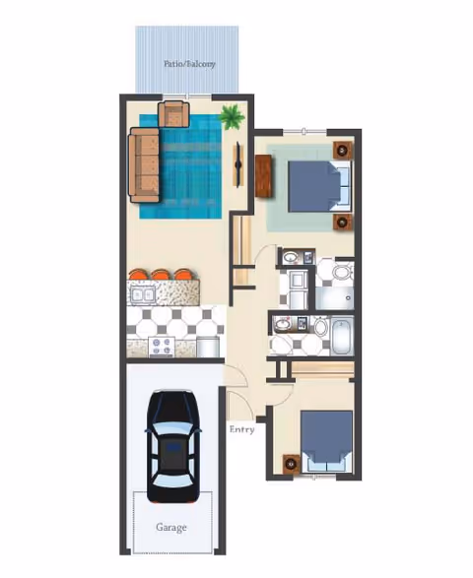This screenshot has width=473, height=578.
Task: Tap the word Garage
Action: click(170, 527)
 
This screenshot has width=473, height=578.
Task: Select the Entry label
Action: click(241, 429)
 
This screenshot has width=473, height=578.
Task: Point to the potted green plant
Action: click(233, 118)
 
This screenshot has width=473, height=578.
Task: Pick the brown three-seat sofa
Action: click(144, 162)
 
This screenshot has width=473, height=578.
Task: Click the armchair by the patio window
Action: click(175, 113)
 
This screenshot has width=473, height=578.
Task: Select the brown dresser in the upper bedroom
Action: click(264, 176)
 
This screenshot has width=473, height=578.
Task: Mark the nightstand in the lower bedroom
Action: click(292, 461)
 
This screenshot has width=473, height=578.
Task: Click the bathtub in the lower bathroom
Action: click(341, 335)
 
